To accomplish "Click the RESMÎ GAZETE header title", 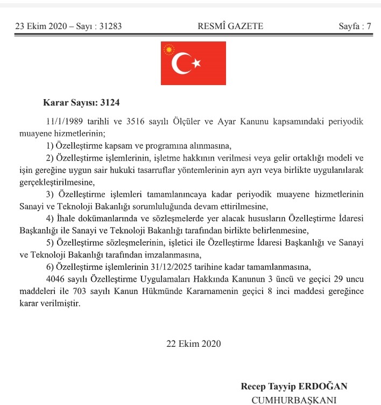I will pos(222,26).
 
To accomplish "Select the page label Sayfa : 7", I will pos(355,26).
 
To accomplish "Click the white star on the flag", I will pos(196,64).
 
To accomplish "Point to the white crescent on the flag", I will pos(180,64).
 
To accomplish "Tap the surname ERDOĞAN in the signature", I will pos(324,386).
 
